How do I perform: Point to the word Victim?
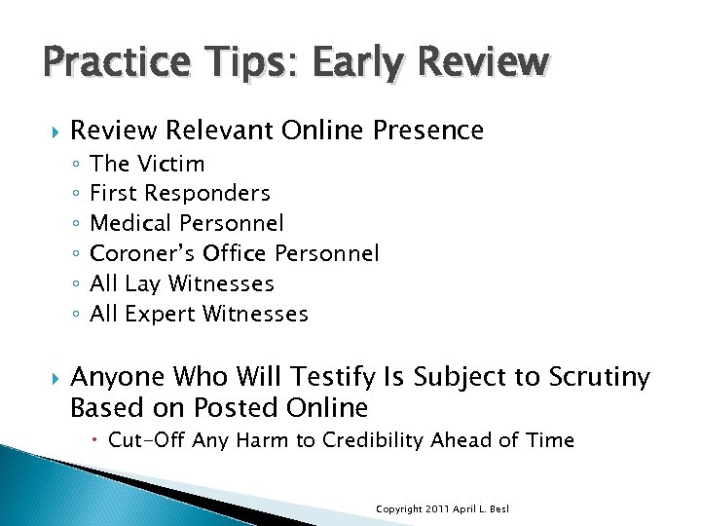[x=171, y=164]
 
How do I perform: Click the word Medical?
[x=129, y=224]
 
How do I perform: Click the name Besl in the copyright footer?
[x=500, y=509]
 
